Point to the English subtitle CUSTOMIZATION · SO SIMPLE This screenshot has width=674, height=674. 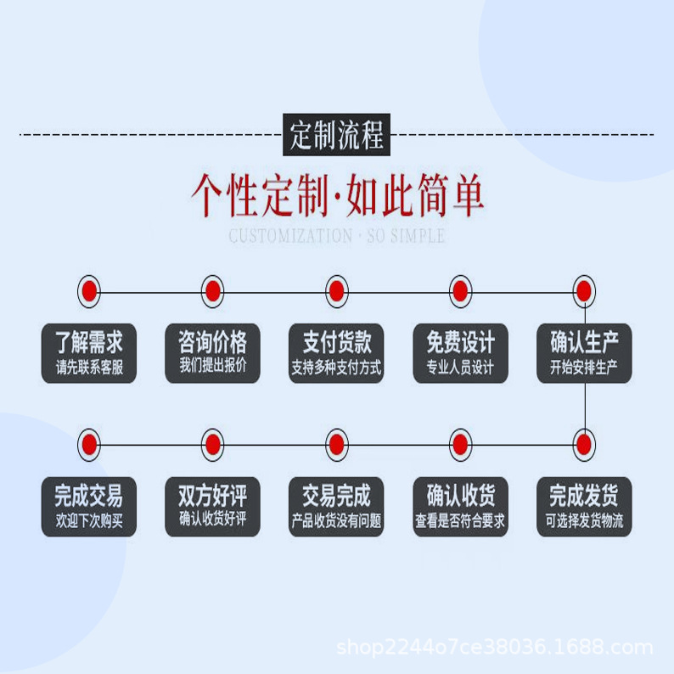(337, 236)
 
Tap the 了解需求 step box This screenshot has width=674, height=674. (89, 353)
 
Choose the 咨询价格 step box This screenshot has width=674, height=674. (213, 353)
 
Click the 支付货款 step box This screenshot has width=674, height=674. (337, 353)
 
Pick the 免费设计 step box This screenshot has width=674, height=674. (460, 353)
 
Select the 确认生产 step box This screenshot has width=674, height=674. (584, 353)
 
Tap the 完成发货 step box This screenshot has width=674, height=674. (584, 506)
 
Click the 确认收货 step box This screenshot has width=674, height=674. (460, 506)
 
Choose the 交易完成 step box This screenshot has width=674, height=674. (337, 506)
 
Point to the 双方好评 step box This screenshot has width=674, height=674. (213, 506)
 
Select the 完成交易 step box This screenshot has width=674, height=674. (89, 506)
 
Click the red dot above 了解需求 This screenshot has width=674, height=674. (89, 292)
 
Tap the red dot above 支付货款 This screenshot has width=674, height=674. (337, 292)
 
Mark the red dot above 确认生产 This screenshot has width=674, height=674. (584, 292)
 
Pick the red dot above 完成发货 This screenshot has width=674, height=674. (584, 444)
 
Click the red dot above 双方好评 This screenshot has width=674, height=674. (213, 444)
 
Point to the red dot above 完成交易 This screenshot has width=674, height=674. (89, 444)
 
